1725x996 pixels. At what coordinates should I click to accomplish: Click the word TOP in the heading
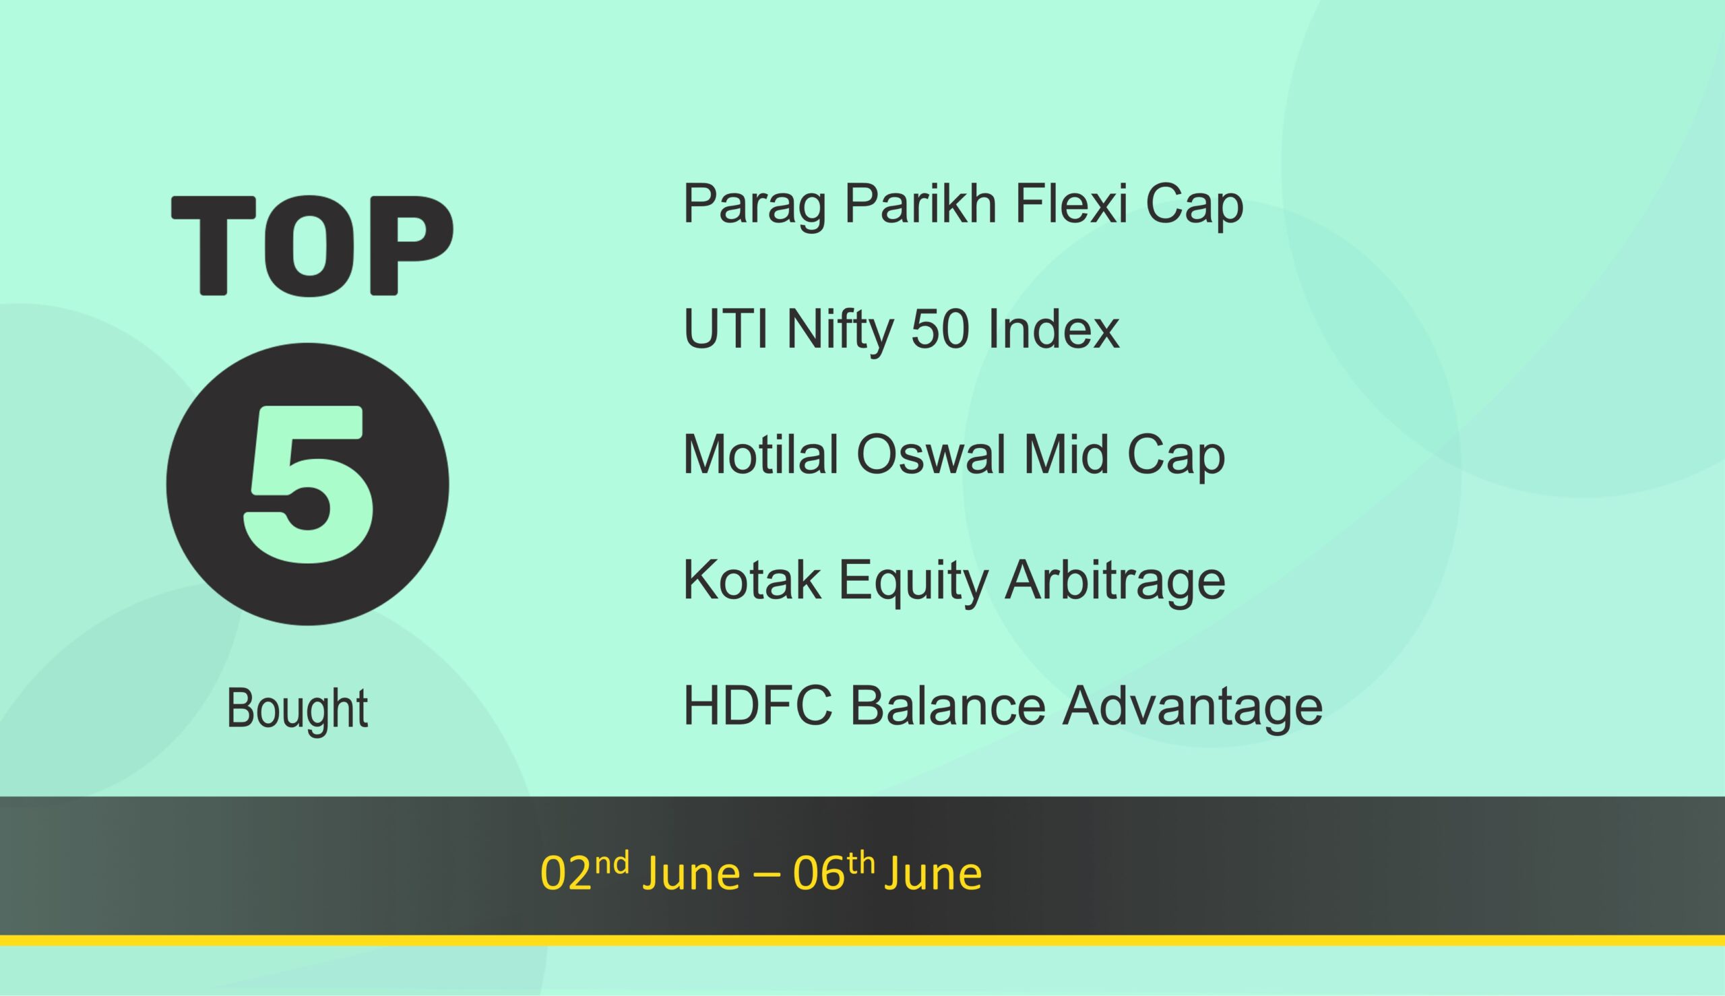(x=312, y=245)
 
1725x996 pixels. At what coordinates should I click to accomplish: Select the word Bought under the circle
(x=297, y=710)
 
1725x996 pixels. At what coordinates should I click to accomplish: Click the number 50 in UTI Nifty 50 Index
(x=940, y=329)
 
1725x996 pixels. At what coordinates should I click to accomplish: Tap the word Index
(x=1053, y=329)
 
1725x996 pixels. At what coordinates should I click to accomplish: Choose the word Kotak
(x=752, y=580)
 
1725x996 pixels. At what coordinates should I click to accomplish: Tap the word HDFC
(x=758, y=706)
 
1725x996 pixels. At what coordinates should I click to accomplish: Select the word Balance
(x=947, y=706)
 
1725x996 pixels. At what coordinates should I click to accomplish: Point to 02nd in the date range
(x=585, y=873)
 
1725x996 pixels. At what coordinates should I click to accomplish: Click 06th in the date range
(x=834, y=873)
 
